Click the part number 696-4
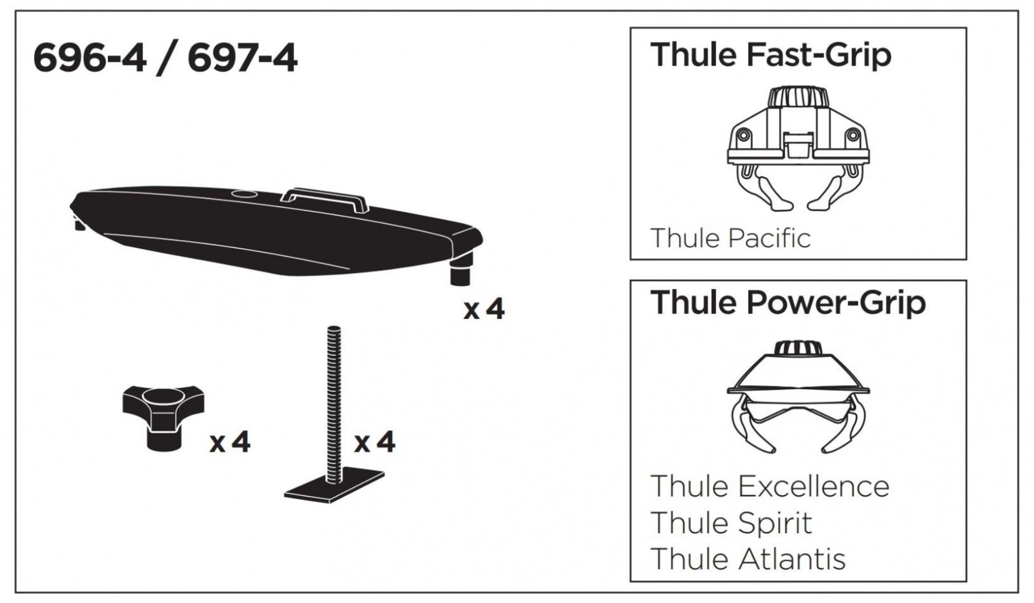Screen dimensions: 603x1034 (x=89, y=59)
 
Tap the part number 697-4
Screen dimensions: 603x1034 (x=243, y=59)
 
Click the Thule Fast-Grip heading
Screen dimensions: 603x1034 (x=770, y=55)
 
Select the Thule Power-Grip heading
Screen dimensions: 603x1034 (x=788, y=303)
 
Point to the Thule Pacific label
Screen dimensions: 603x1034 (x=730, y=238)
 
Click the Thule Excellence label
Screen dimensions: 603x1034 (x=770, y=486)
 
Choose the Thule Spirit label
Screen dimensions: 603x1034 (x=731, y=523)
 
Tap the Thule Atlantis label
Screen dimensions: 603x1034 (x=748, y=559)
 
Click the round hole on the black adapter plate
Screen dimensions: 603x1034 (x=244, y=195)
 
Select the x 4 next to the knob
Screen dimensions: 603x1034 (x=230, y=443)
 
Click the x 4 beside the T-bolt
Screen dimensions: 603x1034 (x=374, y=443)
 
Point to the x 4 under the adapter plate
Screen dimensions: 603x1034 (x=483, y=309)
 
